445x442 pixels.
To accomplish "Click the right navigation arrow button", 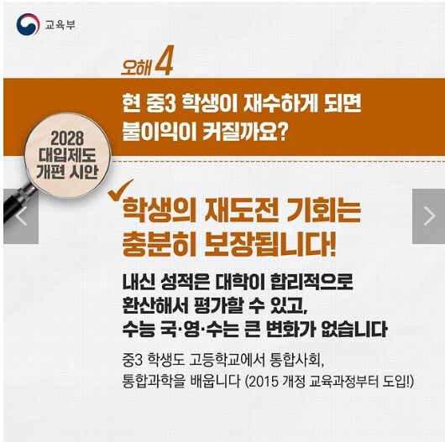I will click(x=428, y=216).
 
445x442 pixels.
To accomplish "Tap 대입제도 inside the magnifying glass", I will click(x=66, y=154).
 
